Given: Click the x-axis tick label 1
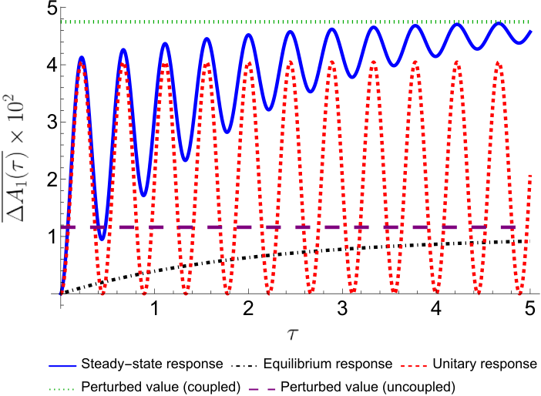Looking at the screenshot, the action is tap(155, 308).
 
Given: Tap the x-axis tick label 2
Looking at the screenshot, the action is tap(248, 308).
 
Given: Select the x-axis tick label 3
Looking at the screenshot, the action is tap(342, 308).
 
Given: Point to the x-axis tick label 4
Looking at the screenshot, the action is tap(436, 308).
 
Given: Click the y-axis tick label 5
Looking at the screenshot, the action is tap(52, 9).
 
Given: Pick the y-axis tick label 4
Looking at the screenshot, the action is tap(52, 65).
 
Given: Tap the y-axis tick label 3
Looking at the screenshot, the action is tap(52, 122).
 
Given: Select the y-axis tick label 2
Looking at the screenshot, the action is tap(52, 180).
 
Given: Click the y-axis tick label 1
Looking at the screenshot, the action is tap(52, 237).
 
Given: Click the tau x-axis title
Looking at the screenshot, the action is tap(292, 334).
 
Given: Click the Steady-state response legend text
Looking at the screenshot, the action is tap(152, 364).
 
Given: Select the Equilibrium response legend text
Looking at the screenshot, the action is tap(328, 364).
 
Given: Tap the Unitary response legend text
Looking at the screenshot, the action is tap(485, 364).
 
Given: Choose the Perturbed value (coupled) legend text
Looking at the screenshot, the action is tap(161, 387).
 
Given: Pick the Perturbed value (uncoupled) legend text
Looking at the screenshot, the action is tap(368, 387).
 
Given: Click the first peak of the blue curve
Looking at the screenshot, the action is tap(82, 58).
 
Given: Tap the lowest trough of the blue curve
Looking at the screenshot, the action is tap(102, 238).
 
